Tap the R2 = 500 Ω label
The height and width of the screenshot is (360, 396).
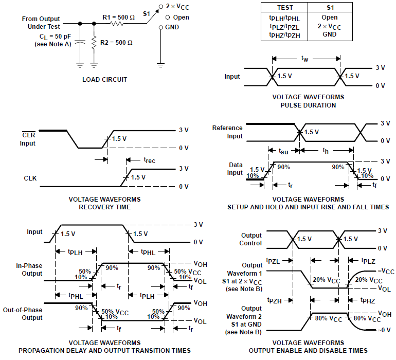pyautogui.click(x=116, y=43)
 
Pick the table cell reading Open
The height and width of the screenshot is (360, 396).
pyautogui.click(x=329, y=17)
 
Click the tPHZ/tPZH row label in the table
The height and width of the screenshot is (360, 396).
pyautogui.click(x=284, y=35)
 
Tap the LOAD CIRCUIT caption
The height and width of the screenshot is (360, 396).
pyautogui.click(x=104, y=80)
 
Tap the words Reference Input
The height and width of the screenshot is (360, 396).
pyautogui.click(x=227, y=132)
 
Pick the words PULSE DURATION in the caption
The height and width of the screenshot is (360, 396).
pyautogui.click(x=308, y=105)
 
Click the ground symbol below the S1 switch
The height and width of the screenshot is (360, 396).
pyautogui.click(x=160, y=64)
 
